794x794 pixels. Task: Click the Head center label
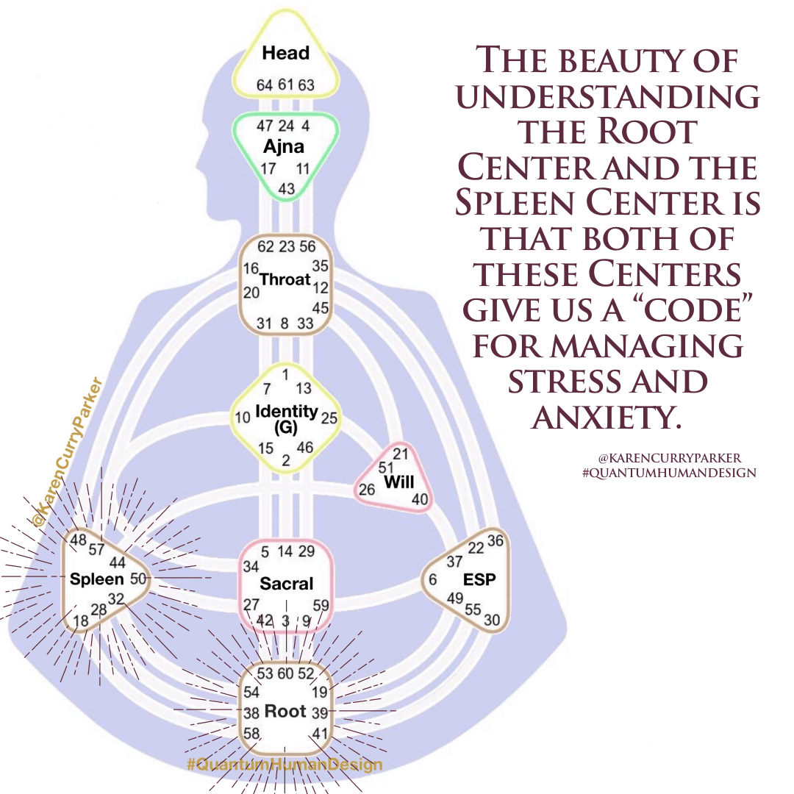286,53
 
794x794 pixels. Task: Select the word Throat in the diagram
286,279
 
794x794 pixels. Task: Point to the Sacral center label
287,584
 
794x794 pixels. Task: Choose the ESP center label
479,579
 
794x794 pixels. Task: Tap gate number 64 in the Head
265,85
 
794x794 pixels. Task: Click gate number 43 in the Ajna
286,189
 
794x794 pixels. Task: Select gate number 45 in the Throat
321,307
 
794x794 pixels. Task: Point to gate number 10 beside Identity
243,418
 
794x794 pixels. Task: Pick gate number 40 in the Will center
420,500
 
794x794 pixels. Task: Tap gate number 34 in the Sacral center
251,567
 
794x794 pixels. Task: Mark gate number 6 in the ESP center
433,579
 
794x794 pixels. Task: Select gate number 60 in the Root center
286,674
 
